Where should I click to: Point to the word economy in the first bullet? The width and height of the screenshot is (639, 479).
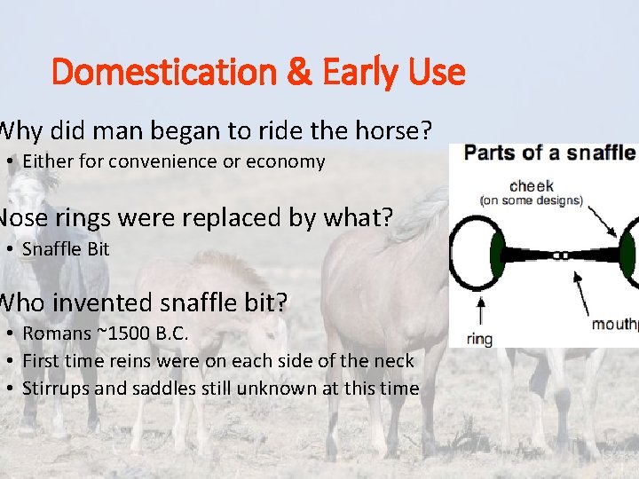click(289, 161)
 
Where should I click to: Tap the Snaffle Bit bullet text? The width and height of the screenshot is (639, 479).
click(66, 249)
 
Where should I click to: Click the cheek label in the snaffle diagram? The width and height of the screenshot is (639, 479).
click(532, 185)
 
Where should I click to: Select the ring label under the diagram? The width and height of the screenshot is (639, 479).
click(479, 338)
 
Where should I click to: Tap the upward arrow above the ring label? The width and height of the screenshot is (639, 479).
click(480, 311)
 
